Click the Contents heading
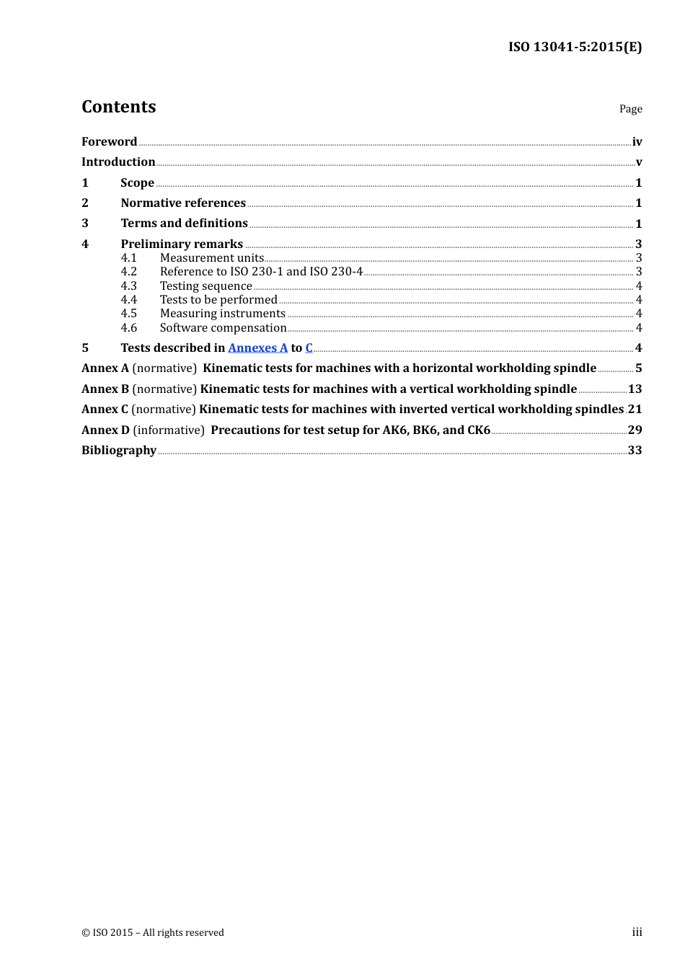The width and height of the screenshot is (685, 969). (x=118, y=107)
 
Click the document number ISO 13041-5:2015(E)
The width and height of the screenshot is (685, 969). (x=575, y=47)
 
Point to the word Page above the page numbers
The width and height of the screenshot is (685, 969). (x=630, y=109)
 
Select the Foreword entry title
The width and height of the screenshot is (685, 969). (x=109, y=142)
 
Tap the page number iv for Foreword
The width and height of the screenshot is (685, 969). (x=637, y=142)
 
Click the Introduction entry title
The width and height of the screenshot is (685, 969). (x=118, y=162)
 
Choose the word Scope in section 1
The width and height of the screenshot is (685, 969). (x=137, y=183)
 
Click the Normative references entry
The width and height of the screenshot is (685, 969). (x=183, y=203)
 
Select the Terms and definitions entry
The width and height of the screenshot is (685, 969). (x=184, y=224)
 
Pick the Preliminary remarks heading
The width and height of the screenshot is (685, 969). (x=182, y=244)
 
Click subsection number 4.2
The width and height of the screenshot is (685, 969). (x=129, y=272)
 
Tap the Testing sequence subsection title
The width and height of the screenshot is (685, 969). (x=205, y=286)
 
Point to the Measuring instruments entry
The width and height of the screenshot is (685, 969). (x=223, y=314)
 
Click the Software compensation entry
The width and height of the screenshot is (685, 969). (x=223, y=328)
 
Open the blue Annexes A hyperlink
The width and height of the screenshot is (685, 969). (x=257, y=348)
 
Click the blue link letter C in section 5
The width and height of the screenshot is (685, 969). (x=309, y=348)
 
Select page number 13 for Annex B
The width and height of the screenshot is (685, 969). (x=635, y=389)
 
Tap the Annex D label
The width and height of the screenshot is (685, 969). (x=105, y=430)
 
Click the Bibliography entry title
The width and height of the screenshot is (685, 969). (x=119, y=451)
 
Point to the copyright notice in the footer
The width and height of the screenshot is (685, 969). (x=153, y=932)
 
